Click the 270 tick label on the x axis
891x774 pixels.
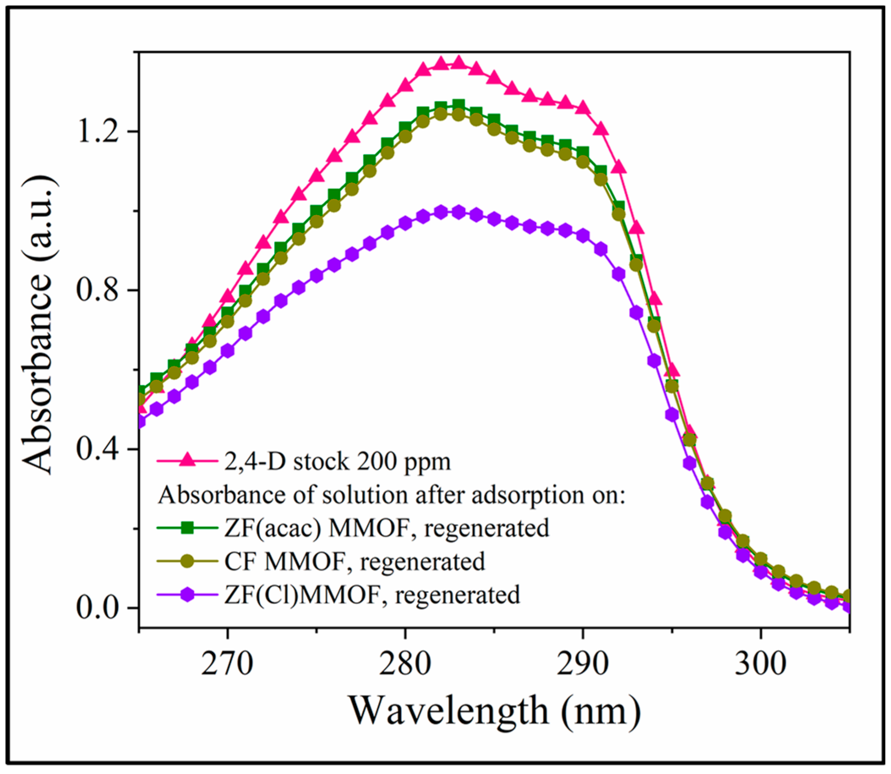227,665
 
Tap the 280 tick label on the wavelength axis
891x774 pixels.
405,665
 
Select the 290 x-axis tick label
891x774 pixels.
583,665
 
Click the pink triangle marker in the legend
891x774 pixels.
187,461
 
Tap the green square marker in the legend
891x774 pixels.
187,528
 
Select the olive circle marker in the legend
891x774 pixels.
187,561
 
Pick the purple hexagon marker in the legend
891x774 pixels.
187,595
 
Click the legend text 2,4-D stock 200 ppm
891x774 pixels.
337,461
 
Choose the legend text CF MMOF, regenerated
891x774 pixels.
354,561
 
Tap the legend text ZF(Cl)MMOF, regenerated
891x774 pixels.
372,595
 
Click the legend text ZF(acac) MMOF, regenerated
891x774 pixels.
387,528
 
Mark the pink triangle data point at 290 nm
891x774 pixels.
583,108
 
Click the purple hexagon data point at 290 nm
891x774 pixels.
583,235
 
